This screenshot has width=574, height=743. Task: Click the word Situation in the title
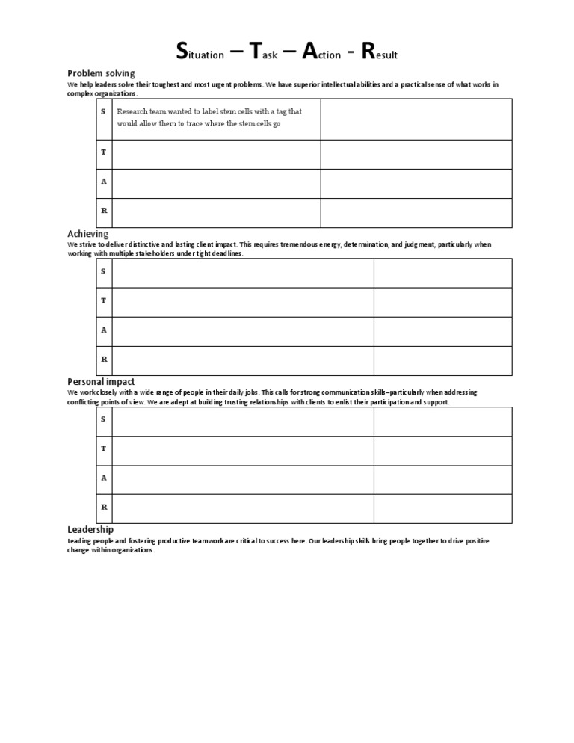click(199, 52)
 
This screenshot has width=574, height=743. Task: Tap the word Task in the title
click(263, 52)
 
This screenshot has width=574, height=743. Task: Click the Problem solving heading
click(101, 73)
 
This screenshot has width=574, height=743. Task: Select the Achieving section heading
click(88, 234)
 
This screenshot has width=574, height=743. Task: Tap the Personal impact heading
click(101, 382)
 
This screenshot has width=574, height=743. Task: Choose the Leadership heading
click(90, 530)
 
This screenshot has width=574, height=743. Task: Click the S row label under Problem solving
click(103, 111)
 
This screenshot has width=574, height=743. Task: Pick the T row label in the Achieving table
click(103, 300)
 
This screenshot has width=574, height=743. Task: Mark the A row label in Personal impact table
click(103, 478)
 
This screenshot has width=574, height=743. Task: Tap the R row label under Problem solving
click(103, 211)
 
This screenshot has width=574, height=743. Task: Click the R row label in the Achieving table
click(103, 359)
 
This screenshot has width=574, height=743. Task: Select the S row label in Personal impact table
click(103, 419)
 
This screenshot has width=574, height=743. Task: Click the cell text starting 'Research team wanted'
click(209, 117)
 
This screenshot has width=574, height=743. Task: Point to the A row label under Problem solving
click(103, 182)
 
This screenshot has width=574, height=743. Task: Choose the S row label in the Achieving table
click(103, 271)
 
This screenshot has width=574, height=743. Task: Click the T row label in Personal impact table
click(103, 448)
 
